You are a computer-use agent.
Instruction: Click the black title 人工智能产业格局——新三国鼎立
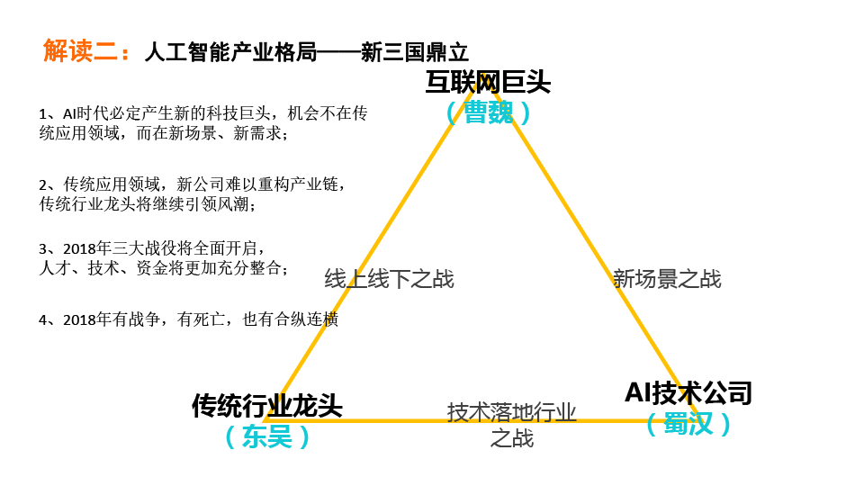306,52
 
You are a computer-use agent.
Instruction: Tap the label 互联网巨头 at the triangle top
488,83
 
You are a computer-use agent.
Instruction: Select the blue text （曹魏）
488,112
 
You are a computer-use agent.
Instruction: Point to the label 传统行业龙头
267,406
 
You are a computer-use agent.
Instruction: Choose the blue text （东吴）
267,436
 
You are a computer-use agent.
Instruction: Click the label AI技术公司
688,393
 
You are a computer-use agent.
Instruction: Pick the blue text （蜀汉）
688,424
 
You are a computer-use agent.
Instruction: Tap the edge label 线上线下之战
389,279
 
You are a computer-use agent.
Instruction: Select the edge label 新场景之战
667,279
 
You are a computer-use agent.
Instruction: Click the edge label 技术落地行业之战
512,425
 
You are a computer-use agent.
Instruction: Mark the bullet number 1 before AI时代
42,114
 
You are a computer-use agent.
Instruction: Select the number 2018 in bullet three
79,248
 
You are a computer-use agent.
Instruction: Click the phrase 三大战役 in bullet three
144,248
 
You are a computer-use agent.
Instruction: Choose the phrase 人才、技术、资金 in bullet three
104,268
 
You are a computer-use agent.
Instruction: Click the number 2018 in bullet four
79,319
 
